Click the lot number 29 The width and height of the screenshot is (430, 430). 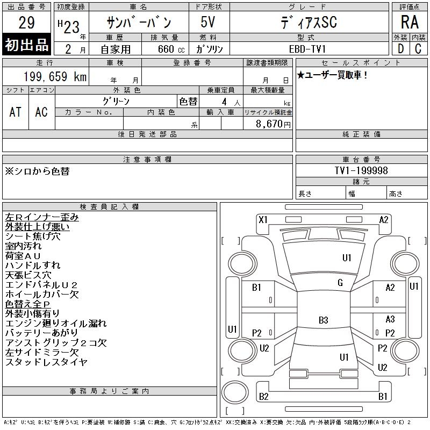click(x=26, y=23)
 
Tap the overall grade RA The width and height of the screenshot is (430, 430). click(x=410, y=22)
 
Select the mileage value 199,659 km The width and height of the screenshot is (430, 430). click(x=55, y=76)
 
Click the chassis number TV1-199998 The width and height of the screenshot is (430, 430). click(x=361, y=170)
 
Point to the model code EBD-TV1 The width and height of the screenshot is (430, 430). click(x=307, y=49)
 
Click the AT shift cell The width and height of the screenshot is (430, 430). click(x=16, y=112)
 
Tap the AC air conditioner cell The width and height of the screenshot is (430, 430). click(x=41, y=112)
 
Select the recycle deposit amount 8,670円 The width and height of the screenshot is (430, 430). click(x=273, y=124)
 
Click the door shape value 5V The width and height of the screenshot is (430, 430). click(x=208, y=22)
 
